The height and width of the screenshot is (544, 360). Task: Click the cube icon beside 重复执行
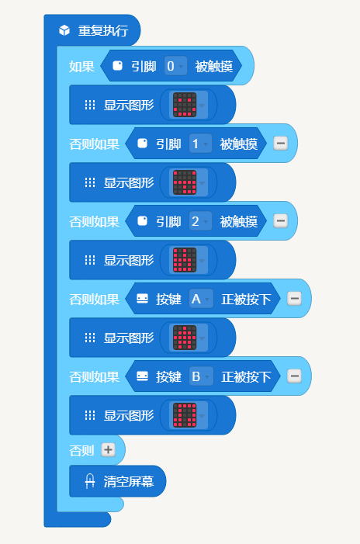click(64, 30)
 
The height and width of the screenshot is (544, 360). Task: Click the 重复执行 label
click(103, 30)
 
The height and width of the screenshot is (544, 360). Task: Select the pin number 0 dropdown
click(175, 66)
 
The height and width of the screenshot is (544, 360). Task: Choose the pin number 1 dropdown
click(200, 144)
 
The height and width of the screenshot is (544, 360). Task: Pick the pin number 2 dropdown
click(200, 221)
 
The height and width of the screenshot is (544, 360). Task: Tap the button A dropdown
click(201, 299)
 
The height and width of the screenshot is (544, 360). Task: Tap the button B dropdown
click(201, 377)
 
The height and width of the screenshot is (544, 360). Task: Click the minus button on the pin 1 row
click(281, 144)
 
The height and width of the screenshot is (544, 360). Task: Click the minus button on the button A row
click(295, 299)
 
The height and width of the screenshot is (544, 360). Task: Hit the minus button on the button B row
click(295, 376)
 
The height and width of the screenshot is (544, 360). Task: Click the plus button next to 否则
click(108, 450)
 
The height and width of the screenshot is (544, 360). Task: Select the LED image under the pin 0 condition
click(185, 105)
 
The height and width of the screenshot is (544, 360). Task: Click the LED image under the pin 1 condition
click(185, 182)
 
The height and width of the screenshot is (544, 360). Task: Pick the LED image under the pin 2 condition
click(185, 260)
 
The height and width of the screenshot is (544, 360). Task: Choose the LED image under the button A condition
click(185, 338)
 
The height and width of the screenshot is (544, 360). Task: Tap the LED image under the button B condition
click(185, 416)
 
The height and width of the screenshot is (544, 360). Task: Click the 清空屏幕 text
click(129, 482)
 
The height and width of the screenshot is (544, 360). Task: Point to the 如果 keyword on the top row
click(81, 66)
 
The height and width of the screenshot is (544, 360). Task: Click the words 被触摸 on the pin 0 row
click(213, 66)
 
